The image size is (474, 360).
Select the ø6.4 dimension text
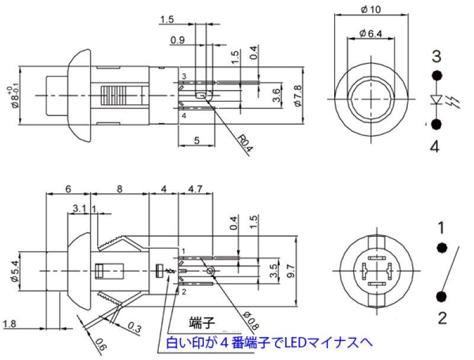(x=371, y=34)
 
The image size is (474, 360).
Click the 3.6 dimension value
(x=277, y=95)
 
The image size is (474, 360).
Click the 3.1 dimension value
(x=79, y=208)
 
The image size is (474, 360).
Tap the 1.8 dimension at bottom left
(x=9, y=324)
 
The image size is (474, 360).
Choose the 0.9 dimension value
(x=177, y=40)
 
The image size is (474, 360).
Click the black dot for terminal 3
(x=437, y=75)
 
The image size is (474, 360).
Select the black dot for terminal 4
(x=437, y=124)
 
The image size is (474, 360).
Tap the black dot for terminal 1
(x=441, y=248)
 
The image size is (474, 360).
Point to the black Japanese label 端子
(x=201, y=323)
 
